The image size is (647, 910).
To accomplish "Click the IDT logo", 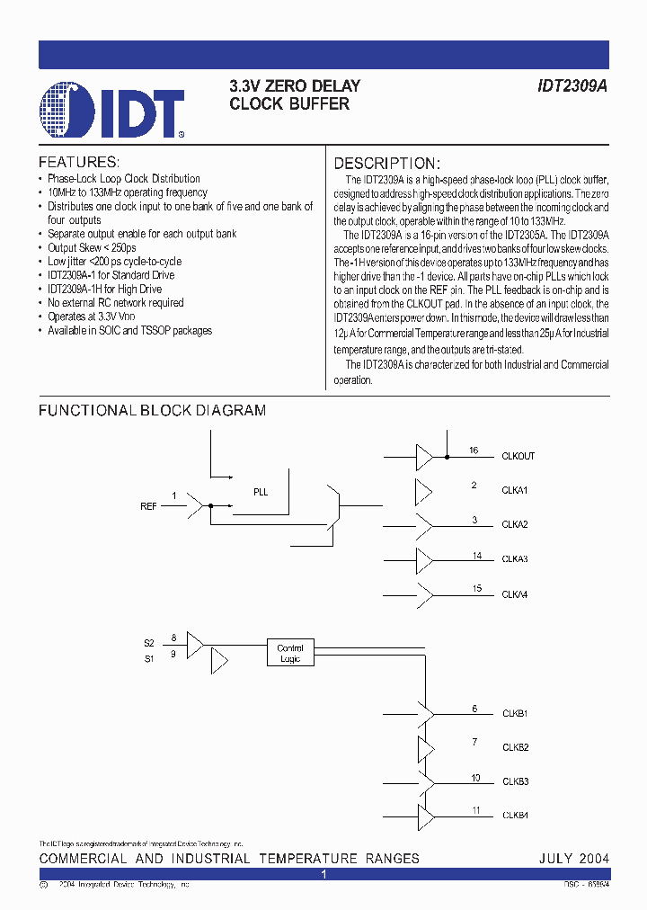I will coord(112,112).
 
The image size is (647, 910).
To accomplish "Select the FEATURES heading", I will coord(79,163).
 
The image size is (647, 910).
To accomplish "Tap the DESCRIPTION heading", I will coord(387,164).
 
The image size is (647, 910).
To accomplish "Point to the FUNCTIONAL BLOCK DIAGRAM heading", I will coord(152,411).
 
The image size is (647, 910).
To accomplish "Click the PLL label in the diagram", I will coord(261,492).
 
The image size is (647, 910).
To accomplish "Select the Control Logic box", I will coord(290,654).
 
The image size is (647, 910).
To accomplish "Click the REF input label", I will coord(148,507).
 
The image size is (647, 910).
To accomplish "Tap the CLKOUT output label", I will coord(518,457).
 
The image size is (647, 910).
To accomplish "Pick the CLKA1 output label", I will coord(515,491).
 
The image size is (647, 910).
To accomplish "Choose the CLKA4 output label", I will coord(515,594).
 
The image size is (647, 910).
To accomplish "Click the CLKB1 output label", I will coord(515,714).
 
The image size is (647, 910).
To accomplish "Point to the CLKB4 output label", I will coord(515,816).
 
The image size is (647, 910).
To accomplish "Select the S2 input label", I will coord(149,643).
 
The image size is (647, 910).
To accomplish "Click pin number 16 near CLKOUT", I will coord(474,451).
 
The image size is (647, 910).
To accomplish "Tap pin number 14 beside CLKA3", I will coord(477,556).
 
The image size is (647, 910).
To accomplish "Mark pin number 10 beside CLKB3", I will coord(475,778).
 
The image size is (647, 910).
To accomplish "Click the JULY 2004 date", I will coord(573,859).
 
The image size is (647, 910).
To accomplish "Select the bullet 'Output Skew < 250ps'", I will coord(92,247).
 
